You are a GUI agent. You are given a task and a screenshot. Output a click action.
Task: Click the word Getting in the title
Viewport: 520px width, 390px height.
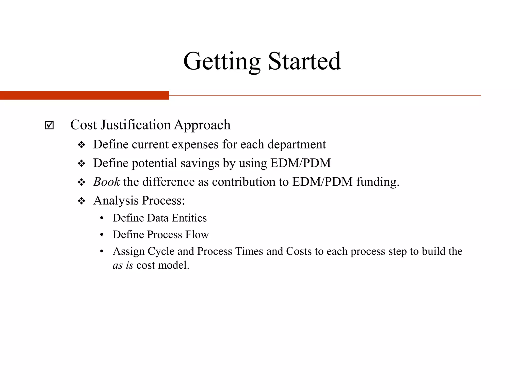(x=222, y=61)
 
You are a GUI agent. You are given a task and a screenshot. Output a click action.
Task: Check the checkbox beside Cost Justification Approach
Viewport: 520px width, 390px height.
(x=49, y=125)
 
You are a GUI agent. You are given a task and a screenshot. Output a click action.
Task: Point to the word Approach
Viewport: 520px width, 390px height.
(x=202, y=125)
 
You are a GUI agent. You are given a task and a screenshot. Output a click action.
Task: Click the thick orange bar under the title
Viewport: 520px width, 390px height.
(x=84, y=95)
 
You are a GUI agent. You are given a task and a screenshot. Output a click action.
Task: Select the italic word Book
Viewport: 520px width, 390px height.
(x=106, y=182)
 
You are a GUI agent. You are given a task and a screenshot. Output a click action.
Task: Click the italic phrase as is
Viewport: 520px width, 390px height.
(x=123, y=265)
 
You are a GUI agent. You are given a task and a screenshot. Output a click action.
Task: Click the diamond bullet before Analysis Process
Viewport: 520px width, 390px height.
(x=82, y=201)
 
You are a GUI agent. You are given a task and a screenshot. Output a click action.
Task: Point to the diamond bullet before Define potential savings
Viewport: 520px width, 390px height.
(x=82, y=164)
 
